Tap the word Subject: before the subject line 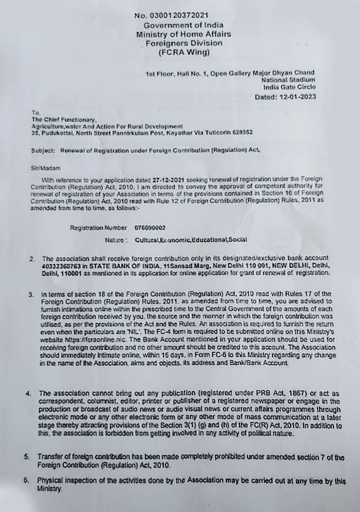coord(43,149)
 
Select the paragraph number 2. coord(31,259)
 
